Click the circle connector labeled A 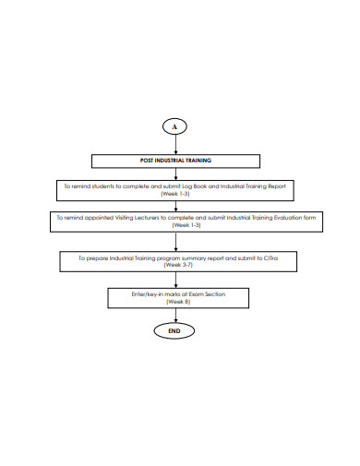click(x=175, y=125)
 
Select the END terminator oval click(x=175, y=330)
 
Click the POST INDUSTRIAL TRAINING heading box click(x=175, y=160)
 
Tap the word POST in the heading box click(x=146, y=160)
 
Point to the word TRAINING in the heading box click(x=197, y=160)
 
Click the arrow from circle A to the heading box click(x=175, y=144)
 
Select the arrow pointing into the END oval click(x=175, y=314)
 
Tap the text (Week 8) click(x=175, y=301)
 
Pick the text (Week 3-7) click(x=175, y=267)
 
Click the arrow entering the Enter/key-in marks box click(x=175, y=281)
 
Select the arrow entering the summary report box click(x=175, y=243)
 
